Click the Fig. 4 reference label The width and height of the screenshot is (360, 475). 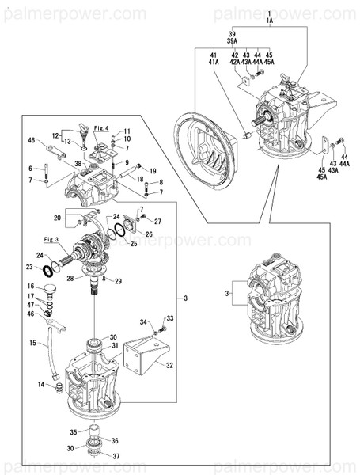[x=100, y=128]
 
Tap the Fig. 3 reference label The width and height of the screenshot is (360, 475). [x=51, y=238]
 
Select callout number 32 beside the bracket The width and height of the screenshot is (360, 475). [x=169, y=365]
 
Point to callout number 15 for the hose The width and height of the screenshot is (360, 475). [x=32, y=343]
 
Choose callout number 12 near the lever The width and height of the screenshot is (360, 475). [x=57, y=135]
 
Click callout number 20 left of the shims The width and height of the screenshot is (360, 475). [x=57, y=218]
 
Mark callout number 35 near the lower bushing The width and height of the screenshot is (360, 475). [x=74, y=432]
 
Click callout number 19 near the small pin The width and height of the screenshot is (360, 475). [x=152, y=170]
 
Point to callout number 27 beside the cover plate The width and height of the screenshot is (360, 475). [x=157, y=222]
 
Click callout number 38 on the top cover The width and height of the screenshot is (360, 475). [x=77, y=165]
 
